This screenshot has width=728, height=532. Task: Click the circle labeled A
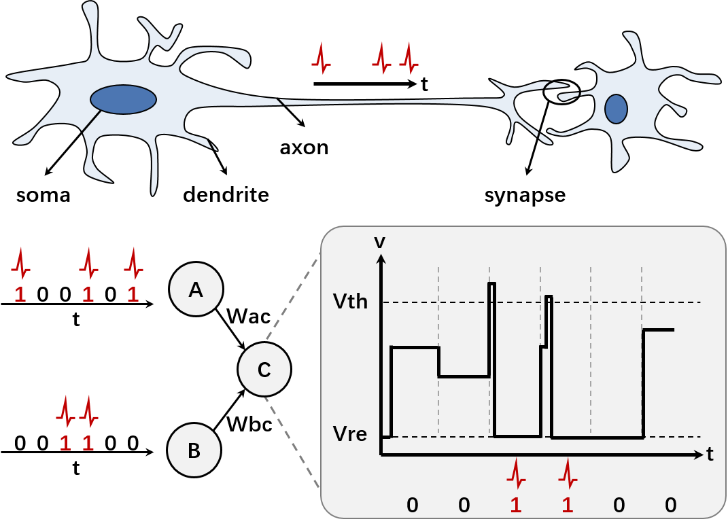click(196, 290)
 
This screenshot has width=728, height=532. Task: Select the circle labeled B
click(194, 450)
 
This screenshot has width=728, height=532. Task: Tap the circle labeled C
click(264, 370)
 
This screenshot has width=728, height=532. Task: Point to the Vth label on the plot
click(350, 301)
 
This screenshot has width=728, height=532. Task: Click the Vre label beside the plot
click(350, 433)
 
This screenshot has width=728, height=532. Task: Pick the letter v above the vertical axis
click(380, 241)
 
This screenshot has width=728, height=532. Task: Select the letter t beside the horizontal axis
click(710, 455)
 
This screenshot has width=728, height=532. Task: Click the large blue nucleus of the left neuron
click(124, 99)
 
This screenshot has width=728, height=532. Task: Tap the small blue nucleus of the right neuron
click(616, 109)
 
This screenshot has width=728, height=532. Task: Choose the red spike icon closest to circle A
click(133, 264)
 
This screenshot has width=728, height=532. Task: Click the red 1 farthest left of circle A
click(20, 295)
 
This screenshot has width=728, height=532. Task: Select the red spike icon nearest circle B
click(88, 411)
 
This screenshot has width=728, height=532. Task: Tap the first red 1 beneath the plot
click(516, 505)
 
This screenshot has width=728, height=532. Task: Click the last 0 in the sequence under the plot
click(670, 505)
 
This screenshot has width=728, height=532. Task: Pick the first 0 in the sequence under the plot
click(412, 505)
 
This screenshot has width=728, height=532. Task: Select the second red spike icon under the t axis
click(568, 474)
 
